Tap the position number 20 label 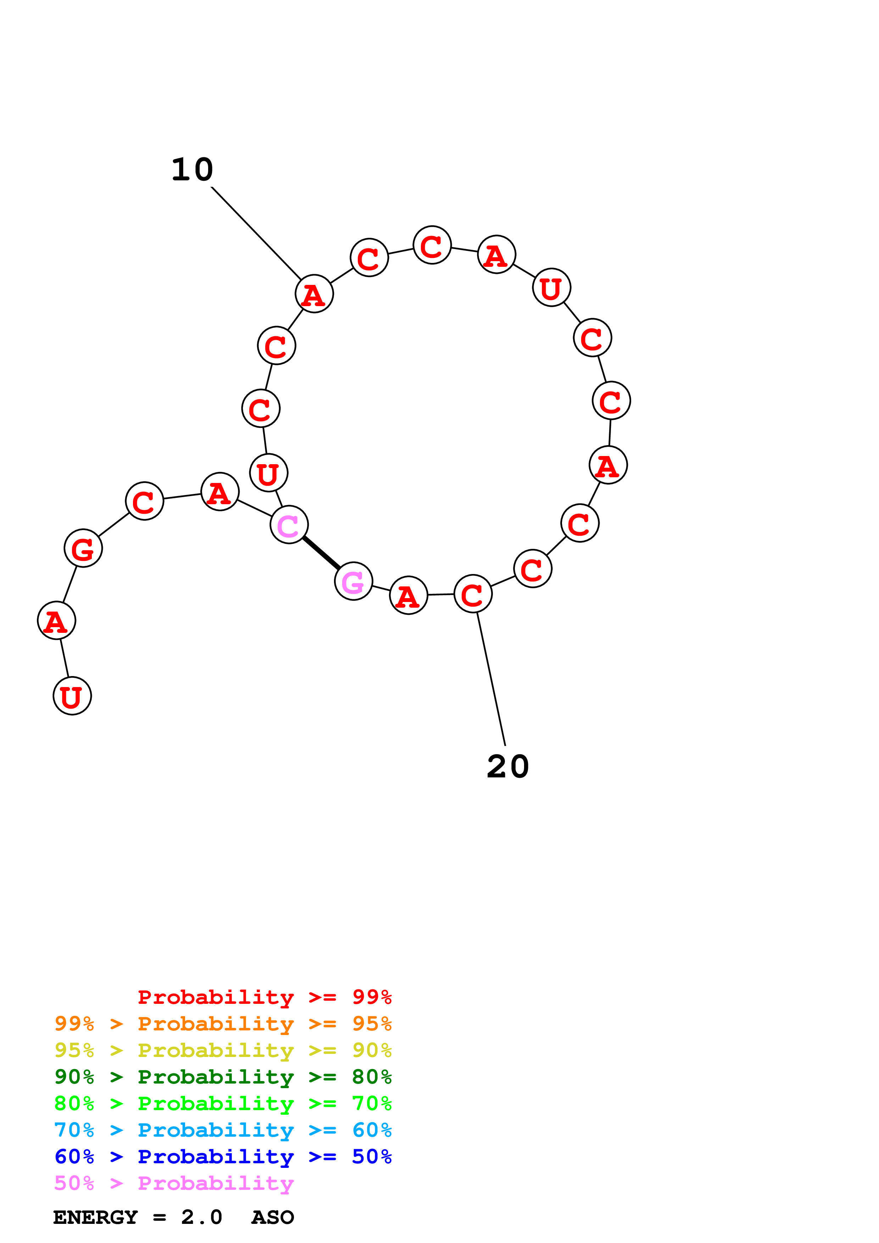tap(507, 766)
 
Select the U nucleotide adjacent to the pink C tap(269, 473)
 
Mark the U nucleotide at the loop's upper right tap(551, 287)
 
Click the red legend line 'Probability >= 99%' tap(264, 997)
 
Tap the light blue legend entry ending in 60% tap(223, 1130)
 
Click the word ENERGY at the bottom tap(95, 1217)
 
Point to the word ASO tap(272, 1217)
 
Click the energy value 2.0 tap(201, 1217)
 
